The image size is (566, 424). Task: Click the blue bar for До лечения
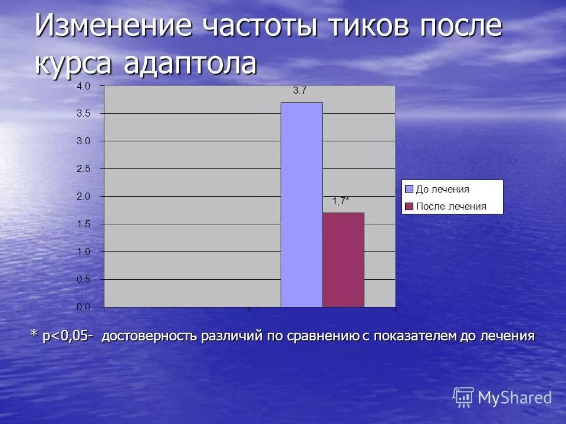click(301, 204)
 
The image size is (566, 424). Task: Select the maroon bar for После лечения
click(343, 260)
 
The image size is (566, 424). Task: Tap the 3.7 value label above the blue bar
click(300, 91)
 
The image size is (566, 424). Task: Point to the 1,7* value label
click(341, 201)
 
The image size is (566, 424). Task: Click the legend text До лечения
click(443, 190)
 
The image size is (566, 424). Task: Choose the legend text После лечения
click(451, 206)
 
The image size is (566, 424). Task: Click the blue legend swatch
click(409, 189)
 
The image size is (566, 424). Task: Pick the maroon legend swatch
click(409, 206)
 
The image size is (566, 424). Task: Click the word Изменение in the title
click(114, 26)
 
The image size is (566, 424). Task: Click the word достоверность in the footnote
click(150, 336)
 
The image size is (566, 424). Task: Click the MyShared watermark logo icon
click(463, 397)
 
